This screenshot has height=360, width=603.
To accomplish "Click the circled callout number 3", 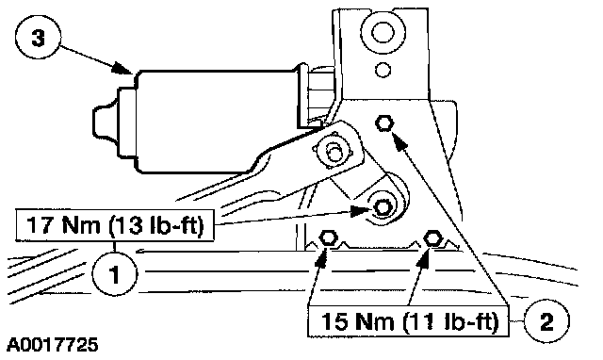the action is [x=38, y=38].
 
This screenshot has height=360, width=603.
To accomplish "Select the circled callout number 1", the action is [x=114, y=274].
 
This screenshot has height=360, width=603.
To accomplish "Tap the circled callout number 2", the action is [x=546, y=320].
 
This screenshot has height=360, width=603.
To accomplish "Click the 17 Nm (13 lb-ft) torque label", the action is [x=115, y=225].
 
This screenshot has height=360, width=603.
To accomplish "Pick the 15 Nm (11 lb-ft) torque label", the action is [x=408, y=321].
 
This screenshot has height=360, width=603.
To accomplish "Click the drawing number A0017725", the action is [x=53, y=345].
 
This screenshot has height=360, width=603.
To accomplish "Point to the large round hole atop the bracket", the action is [x=383, y=32].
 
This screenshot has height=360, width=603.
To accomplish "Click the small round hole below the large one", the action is [x=383, y=70].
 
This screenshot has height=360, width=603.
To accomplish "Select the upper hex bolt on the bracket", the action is [x=384, y=123].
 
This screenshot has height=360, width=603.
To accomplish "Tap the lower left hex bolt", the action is [x=328, y=238].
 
